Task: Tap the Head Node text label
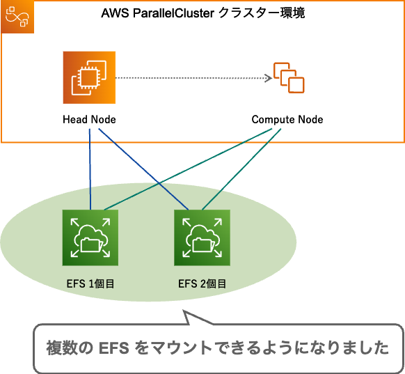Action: point(89,120)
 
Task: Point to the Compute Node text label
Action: point(287,120)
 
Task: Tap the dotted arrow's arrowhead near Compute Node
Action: point(267,78)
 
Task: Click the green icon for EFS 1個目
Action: point(90,238)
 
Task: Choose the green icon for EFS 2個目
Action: point(202,238)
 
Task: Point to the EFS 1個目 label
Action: point(90,283)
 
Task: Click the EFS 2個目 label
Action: point(202,283)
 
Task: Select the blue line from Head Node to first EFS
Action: point(90,167)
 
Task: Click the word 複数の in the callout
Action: point(69,348)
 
